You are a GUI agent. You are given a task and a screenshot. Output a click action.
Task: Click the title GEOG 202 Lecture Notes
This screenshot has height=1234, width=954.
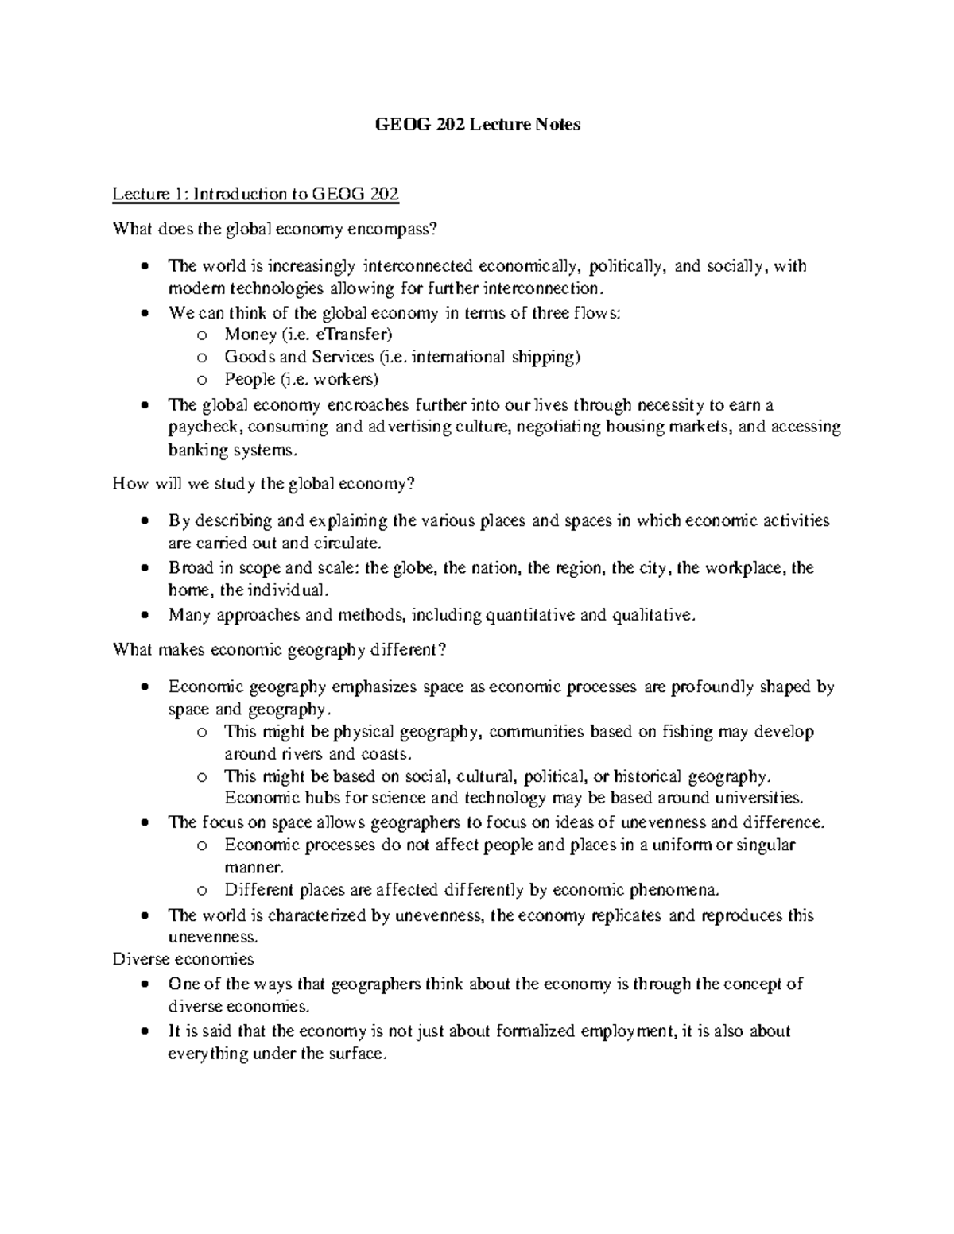pos(477,125)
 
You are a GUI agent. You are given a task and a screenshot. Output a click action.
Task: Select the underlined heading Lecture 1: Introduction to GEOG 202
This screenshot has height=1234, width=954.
pos(255,194)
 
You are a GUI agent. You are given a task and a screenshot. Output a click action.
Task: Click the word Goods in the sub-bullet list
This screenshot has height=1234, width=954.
pos(245,357)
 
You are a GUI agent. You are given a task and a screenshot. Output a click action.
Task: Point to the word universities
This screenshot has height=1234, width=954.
pos(763,798)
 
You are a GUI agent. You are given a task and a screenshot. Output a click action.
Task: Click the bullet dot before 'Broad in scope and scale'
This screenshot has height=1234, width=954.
pos(143,569)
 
